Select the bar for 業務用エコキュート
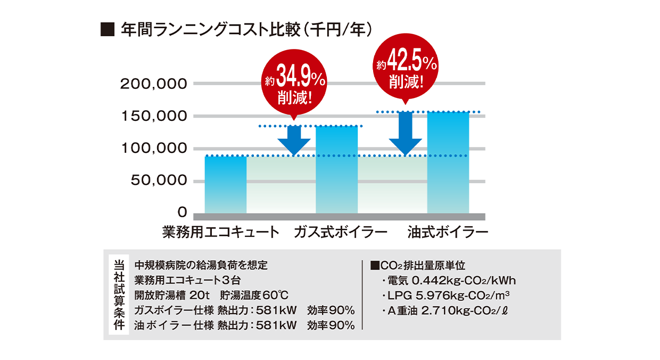coord(226,184)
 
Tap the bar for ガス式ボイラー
coord(336,169)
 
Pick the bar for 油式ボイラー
coord(448,162)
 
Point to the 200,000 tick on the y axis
coord(154,84)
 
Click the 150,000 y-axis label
coord(154,116)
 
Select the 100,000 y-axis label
coord(154,149)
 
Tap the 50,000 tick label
coord(158,181)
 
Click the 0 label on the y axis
coord(182,212)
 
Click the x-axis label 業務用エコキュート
coord(221,232)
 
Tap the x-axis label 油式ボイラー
coord(448,232)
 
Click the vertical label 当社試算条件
coord(119,294)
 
